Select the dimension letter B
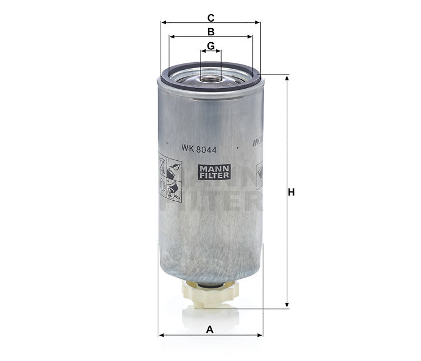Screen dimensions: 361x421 (x=210, y=31)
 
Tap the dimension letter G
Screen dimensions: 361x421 (x=210, y=46)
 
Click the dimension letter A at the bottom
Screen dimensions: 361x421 (x=210, y=329)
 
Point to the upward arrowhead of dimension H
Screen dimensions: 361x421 (x=287, y=78)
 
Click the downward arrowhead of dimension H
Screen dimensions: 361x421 (x=287, y=305)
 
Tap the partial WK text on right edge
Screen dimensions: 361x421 (x=256, y=142)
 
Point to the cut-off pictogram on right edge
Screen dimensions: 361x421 (x=259, y=176)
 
